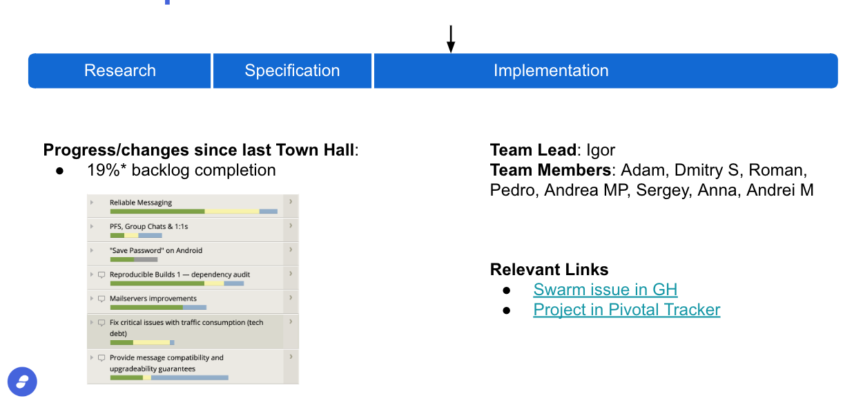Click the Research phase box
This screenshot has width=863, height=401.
coord(119,71)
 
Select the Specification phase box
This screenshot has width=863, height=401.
coord(292,71)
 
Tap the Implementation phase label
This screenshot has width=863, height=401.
coord(551,71)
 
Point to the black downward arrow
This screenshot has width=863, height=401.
coord(451,39)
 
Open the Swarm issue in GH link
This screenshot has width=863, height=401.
coord(605,290)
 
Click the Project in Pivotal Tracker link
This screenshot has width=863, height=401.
coord(627,310)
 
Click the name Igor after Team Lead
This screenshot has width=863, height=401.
coord(601,150)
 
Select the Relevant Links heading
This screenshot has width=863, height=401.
coord(549,270)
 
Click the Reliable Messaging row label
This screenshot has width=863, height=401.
coord(141,203)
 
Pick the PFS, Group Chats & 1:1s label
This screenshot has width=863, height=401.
coord(148,227)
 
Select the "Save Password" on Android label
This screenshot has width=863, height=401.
coord(156,250)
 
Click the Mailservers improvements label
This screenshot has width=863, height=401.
coord(153,299)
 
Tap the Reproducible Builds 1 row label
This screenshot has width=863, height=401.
coord(180,274)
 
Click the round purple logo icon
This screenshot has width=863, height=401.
coord(22,382)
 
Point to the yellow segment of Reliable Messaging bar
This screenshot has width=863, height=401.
coord(232,212)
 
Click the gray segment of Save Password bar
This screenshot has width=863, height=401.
coord(146,259)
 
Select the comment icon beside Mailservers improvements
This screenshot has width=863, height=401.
coord(101,299)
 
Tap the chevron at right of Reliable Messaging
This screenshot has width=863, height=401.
coord(291,201)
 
